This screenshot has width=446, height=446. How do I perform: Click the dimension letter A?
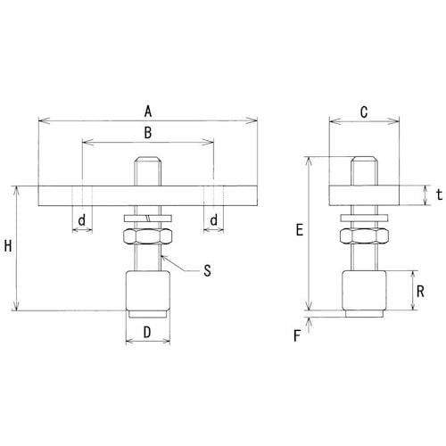(x=148, y=112)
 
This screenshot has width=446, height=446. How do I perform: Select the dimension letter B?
(x=148, y=133)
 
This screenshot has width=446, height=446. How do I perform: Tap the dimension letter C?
(x=364, y=112)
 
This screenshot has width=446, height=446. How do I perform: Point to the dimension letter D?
(x=147, y=333)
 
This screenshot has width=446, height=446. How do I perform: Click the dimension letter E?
(x=300, y=230)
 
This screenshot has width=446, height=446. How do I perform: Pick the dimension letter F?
(x=297, y=336)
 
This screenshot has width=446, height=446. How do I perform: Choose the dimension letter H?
(x=8, y=246)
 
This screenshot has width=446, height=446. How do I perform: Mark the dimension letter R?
(x=420, y=292)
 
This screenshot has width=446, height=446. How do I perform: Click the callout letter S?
(x=207, y=271)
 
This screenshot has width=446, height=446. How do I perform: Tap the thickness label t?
(x=439, y=195)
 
